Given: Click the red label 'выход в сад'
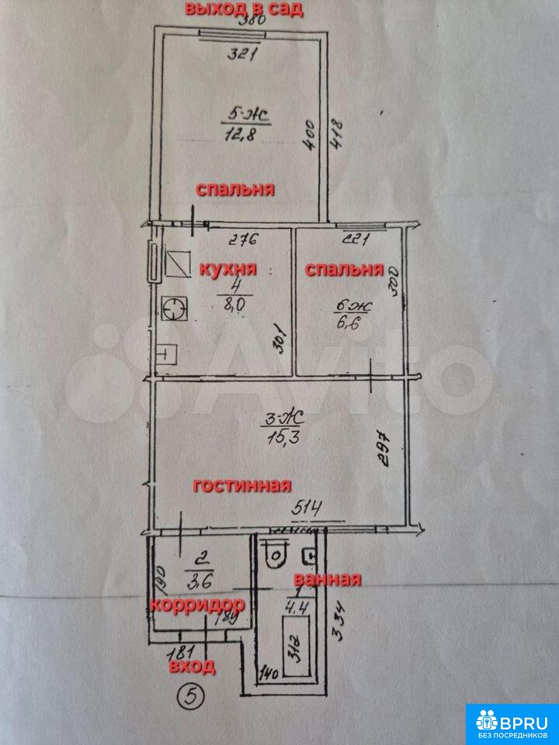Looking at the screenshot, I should tap(242, 9).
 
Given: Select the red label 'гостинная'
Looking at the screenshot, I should tap(241, 486).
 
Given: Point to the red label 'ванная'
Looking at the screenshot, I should tap(327, 580).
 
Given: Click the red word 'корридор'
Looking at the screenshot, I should tap(197, 605).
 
